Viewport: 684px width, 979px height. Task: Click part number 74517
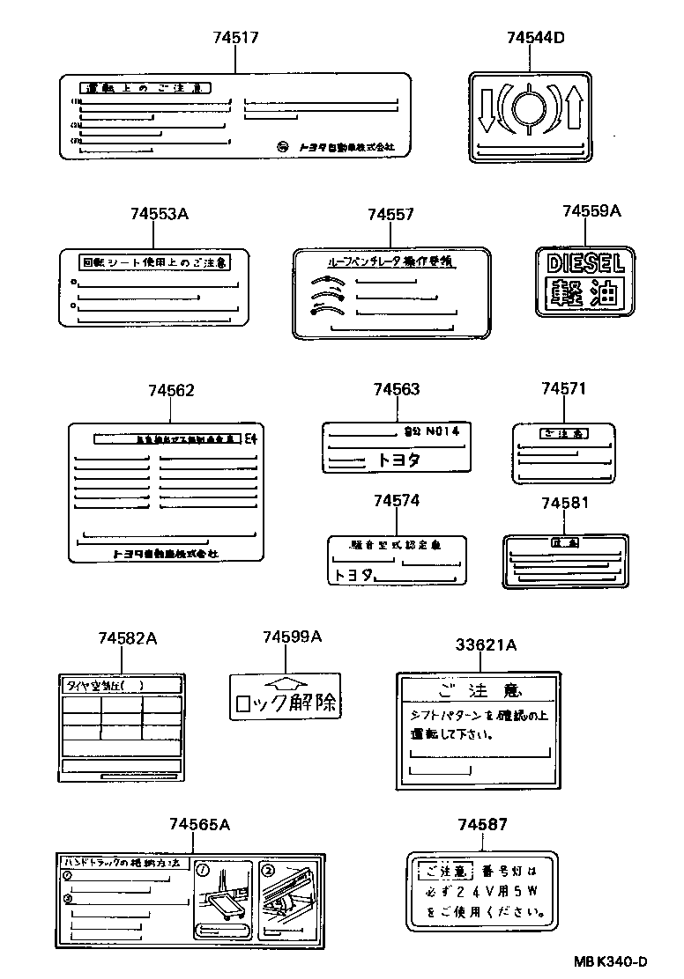click(x=236, y=37)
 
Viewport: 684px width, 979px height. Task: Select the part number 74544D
click(x=535, y=37)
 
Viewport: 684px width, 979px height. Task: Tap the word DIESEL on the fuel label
click(x=584, y=262)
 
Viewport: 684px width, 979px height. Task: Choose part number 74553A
click(x=160, y=214)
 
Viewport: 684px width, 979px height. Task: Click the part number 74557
click(x=390, y=214)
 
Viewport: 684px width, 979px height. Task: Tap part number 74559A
click(x=591, y=210)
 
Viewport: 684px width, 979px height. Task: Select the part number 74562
click(x=171, y=390)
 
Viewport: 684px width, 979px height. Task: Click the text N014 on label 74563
click(x=442, y=431)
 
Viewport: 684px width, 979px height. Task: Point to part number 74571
click(x=563, y=388)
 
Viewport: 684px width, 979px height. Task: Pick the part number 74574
click(x=396, y=500)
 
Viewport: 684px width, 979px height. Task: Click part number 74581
click(x=565, y=503)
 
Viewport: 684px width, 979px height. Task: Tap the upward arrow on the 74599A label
click(x=285, y=684)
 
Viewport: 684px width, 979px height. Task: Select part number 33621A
click(x=486, y=645)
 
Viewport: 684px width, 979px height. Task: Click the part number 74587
click(x=482, y=824)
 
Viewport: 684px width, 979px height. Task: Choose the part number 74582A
click(x=128, y=638)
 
